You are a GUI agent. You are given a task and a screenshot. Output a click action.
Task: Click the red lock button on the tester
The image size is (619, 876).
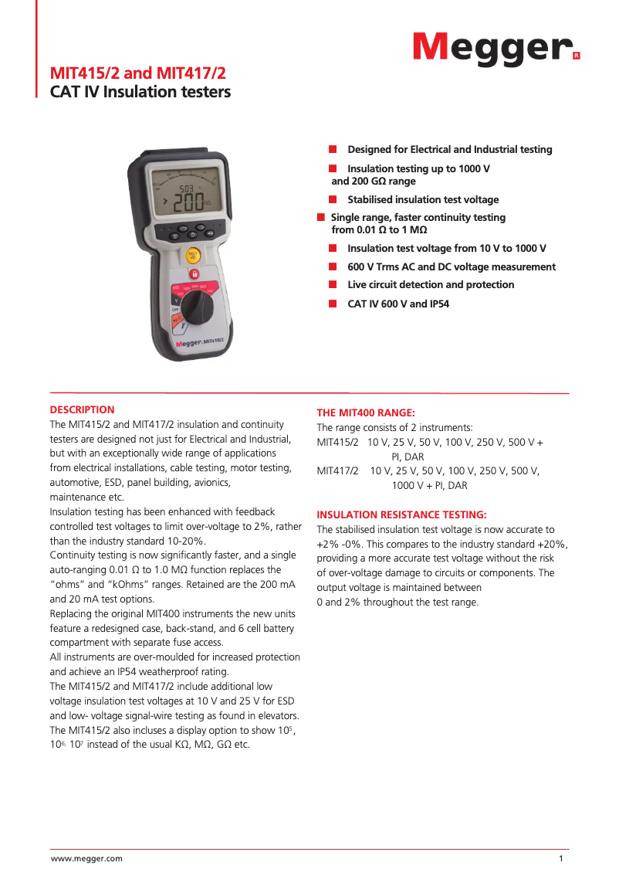(194, 274)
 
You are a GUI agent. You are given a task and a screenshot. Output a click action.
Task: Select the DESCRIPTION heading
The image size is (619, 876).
(82, 409)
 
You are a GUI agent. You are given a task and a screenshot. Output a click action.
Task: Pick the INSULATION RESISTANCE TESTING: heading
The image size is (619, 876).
(401, 514)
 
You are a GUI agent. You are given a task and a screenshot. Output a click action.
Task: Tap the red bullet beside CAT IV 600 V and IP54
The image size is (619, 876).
(333, 304)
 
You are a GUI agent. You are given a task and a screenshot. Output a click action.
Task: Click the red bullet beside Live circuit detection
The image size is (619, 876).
(333, 284)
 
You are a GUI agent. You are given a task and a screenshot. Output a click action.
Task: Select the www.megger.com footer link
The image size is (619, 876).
(86, 858)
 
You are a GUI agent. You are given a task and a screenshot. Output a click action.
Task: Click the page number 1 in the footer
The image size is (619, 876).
(561, 858)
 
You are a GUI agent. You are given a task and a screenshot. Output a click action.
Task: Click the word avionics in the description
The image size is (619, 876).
(207, 482)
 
